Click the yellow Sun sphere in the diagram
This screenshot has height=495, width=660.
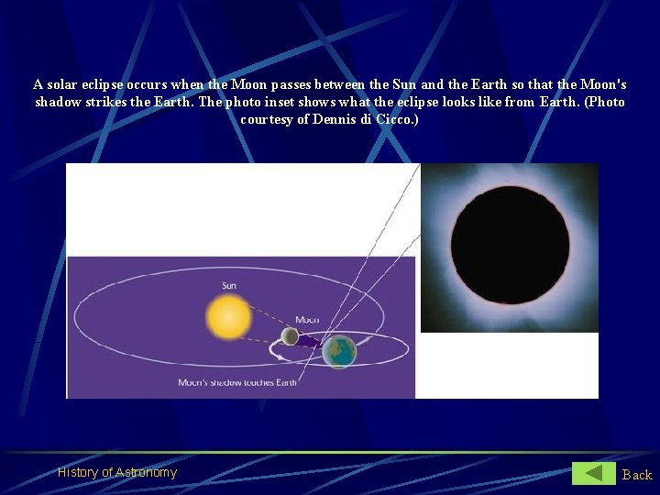coord(228,316)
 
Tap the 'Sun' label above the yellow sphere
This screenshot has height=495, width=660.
coord(228,286)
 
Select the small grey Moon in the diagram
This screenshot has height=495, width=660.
coord(290,336)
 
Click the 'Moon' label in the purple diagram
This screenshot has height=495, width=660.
coord(306,320)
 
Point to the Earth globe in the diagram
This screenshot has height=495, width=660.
coord(340,351)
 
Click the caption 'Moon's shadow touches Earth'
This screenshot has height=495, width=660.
coord(236,382)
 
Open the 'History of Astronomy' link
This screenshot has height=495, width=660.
coord(117,473)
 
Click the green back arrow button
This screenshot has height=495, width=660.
coord(594,473)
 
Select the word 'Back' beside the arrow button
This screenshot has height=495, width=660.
coord(637,474)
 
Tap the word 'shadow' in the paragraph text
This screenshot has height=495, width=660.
coord(57,102)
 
